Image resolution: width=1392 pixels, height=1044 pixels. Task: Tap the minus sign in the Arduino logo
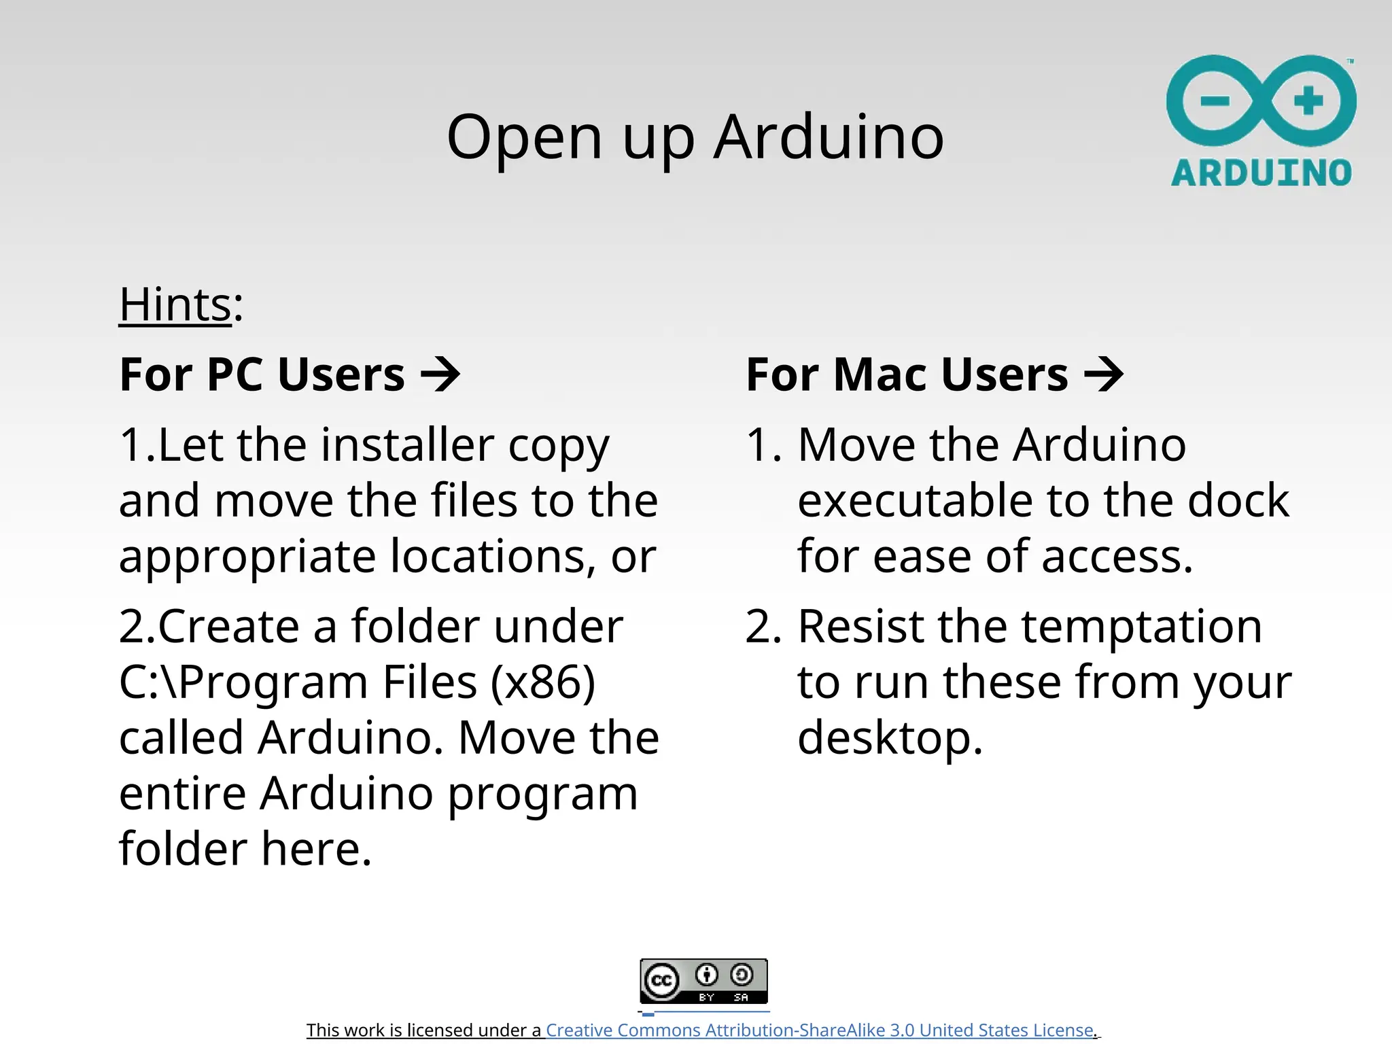coord(1215,102)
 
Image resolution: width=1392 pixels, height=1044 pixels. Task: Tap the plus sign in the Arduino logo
coord(1308,101)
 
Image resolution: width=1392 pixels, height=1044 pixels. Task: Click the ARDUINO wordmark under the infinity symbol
coord(1261,173)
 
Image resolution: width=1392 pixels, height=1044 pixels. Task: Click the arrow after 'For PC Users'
coord(440,375)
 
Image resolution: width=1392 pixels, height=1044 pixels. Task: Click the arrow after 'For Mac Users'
coord(1104,375)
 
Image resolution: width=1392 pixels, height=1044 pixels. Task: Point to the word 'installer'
coord(408,445)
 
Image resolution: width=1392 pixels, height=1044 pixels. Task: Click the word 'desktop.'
coord(890,739)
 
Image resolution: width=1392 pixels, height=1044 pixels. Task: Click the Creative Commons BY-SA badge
coord(703,981)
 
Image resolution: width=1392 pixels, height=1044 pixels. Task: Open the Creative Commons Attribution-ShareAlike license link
coord(819,1030)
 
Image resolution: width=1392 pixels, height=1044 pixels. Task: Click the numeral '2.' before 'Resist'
coord(763,626)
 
